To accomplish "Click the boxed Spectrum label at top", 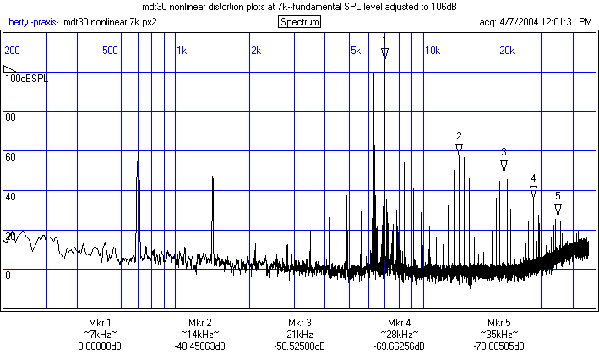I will pyautogui.click(x=300, y=21).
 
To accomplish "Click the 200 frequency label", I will pyautogui.click(x=13, y=51).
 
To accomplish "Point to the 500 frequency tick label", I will pyautogui.click(x=109, y=51).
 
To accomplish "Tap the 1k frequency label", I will pyautogui.click(x=182, y=51).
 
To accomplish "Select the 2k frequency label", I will pyautogui.click(x=256, y=51).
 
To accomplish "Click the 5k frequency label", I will pyautogui.click(x=356, y=51).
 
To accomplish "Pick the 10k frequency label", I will pyautogui.click(x=432, y=51).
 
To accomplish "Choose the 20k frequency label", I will pyautogui.click(x=506, y=51).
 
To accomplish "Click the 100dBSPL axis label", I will pyautogui.click(x=26, y=78).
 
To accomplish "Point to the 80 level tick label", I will pyautogui.click(x=11, y=117).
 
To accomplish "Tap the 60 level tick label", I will pyautogui.click(x=11, y=157).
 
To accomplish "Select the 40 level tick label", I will pyautogui.click(x=11, y=197).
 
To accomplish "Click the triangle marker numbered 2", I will pyautogui.click(x=459, y=148).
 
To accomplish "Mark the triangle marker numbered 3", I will pyautogui.click(x=504, y=165).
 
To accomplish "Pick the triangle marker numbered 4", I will pyautogui.click(x=533, y=191).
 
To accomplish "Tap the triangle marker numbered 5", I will pyautogui.click(x=558, y=208).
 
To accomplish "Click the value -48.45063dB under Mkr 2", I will pyautogui.click(x=199, y=346).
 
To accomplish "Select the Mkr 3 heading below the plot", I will pyautogui.click(x=299, y=323).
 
